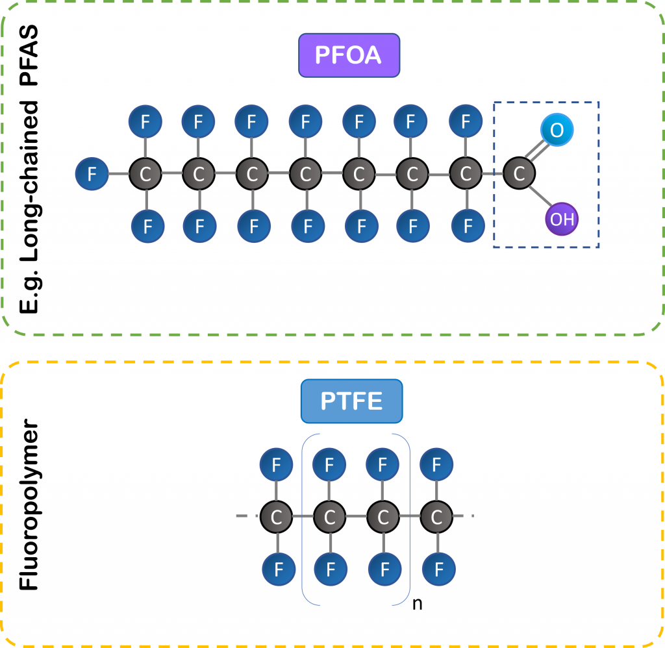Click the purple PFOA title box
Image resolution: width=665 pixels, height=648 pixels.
(349, 55)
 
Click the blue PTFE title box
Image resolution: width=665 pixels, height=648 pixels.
(351, 401)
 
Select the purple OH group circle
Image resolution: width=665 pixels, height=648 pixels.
(562, 219)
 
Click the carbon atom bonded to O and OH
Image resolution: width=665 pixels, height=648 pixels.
(519, 174)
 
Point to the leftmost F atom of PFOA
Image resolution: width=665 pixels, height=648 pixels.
(92, 174)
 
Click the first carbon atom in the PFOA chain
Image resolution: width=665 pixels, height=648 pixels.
(145, 174)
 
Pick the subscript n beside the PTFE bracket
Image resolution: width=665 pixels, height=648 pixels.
(418, 603)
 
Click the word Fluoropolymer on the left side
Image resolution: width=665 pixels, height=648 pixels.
(29, 507)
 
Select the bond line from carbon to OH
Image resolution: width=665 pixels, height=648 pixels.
(540, 196)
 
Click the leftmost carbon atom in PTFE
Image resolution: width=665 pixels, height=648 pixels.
(277, 517)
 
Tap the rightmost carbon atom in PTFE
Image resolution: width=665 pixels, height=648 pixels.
(437, 517)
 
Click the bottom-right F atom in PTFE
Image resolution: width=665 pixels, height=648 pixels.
(438, 570)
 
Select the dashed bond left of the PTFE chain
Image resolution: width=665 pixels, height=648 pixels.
(247, 517)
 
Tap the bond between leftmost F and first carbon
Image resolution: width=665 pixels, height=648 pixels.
(119, 174)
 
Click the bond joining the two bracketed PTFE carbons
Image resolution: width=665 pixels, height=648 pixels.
(357, 517)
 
